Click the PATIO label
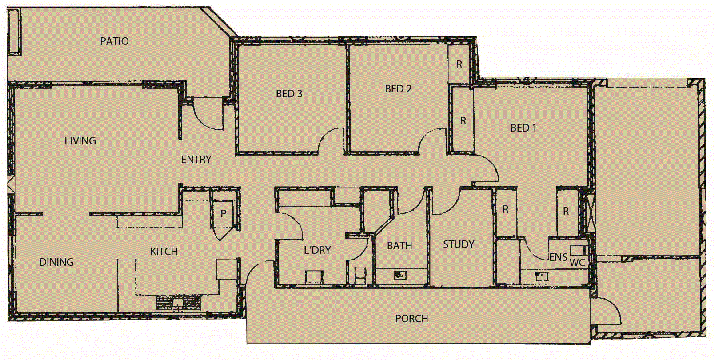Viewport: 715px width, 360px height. (x=114, y=41)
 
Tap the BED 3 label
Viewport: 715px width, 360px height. (x=289, y=94)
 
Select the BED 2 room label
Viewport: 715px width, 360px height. (x=398, y=89)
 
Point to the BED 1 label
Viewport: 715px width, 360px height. (x=523, y=128)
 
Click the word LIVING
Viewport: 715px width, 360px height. (x=80, y=141)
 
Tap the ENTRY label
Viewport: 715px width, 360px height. (x=196, y=160)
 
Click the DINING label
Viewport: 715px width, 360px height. (x=56, y=262)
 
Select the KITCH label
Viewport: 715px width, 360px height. (x=164, y=252)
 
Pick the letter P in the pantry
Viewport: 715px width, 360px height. (x=224, y=214)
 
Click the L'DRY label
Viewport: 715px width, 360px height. (x=317, y=250)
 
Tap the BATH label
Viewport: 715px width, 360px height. (x=399, y=246)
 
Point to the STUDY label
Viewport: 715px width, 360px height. (x=459, y=244)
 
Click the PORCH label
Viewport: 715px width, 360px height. (x=411, y=319)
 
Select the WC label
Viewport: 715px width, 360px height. (x=577, y=263)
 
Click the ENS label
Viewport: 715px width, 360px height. (x=558, y=257)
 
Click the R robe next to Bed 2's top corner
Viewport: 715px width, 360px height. (x=459, y=64)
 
